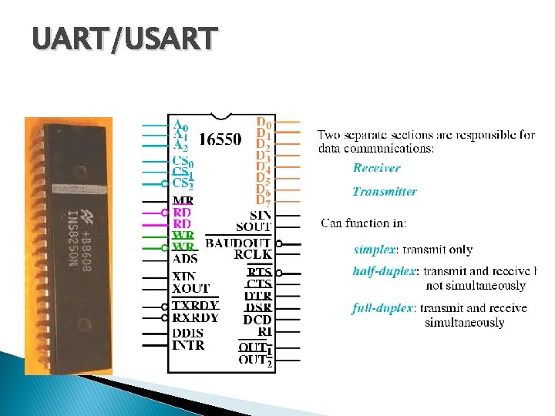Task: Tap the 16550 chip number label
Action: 220,140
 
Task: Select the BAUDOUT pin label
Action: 237,243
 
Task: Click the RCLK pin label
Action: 253,254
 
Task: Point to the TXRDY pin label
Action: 196,305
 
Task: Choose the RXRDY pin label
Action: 196,317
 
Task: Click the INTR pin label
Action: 188,345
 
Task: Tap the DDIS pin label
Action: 188,333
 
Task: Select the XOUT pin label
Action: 190,288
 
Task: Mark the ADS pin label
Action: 185,259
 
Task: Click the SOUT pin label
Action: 253,226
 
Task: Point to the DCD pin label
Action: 257,320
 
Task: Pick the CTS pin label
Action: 259,284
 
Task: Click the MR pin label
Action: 183,201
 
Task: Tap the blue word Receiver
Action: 377,168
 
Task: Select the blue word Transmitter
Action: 385,191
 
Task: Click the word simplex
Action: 374,250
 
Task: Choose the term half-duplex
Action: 383,271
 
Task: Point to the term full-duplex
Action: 382,308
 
